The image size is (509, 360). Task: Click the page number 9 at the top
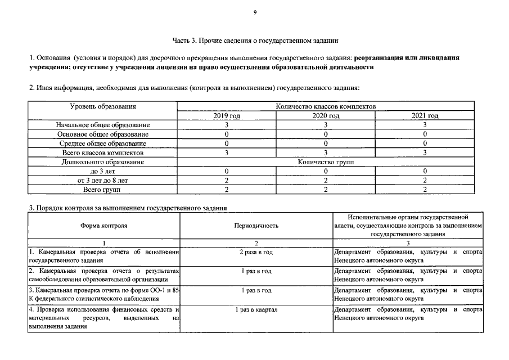coord(255,13)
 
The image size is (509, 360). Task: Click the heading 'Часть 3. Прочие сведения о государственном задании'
coord(255,40)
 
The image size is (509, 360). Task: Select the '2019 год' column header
coord(227,116)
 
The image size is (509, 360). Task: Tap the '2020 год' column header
coord(326,116)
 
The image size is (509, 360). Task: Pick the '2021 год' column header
coord(425,116)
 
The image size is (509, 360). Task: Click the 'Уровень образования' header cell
coord(103,106)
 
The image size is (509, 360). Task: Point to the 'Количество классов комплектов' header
coord(326,106)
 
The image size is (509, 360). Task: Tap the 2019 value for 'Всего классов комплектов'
coord(227,152)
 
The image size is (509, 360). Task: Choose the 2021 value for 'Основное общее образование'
coord(425,134)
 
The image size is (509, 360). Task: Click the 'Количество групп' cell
coord(326,161)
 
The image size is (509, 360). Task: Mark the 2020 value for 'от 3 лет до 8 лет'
coord(326,181)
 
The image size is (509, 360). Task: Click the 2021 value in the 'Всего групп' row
coord(425,190)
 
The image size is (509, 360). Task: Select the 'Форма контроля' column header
coord(103,226)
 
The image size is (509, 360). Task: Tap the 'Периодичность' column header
coord(256,226)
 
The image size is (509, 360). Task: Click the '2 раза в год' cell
coord(256,253)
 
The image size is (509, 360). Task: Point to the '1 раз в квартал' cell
coord(256,310)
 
